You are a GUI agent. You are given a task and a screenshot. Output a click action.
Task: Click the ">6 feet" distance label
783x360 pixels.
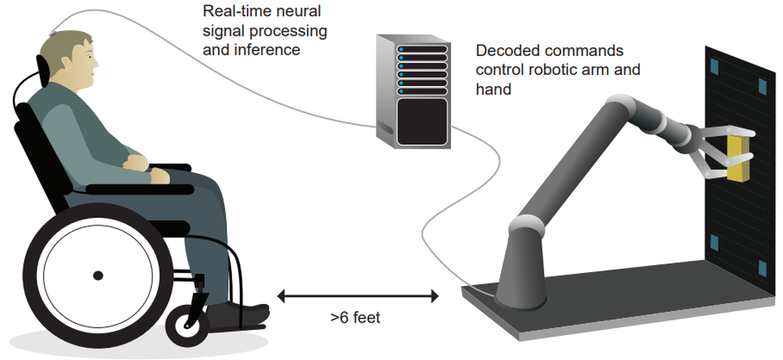(355, 319)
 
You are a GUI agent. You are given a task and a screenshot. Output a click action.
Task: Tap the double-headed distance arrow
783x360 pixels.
(358, 297)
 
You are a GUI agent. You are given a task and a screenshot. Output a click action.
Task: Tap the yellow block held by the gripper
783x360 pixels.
(738, 158)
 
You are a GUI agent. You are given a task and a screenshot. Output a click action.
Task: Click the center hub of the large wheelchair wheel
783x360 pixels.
(98, 276)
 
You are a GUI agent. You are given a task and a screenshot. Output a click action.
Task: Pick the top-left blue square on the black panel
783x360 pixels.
(713, 65)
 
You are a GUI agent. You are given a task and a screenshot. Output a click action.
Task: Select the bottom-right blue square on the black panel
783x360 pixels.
(762, 268)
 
